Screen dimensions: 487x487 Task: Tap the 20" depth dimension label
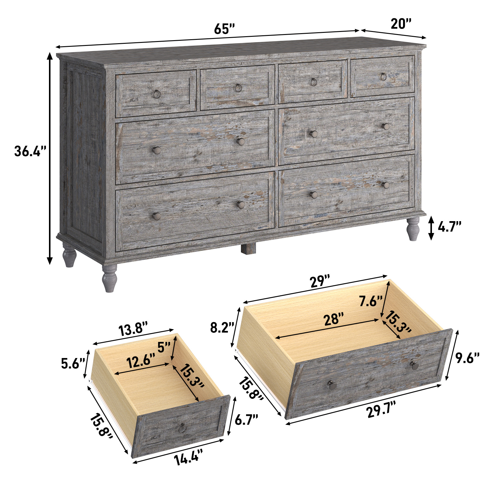pyautogui.click(x=401, y=24)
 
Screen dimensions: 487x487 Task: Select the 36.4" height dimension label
pyautogui.click(x=30, y=151)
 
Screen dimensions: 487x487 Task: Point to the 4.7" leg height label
pyautogui.click(x=449, y=227)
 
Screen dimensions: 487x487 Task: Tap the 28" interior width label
pyautogui.click(x=333, y=319)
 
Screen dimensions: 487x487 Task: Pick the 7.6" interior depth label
pyautogui.click(x=370, y=301)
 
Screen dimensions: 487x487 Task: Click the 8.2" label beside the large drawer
pyautogui.click(x=222, y=328)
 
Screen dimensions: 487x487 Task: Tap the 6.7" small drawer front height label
pyautogui.click(x=246, y=420)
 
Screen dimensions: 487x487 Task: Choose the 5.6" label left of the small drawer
pyautogui.click(x=73, y=364)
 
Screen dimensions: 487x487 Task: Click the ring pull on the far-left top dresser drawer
pyautogui.click(x=157, y=94)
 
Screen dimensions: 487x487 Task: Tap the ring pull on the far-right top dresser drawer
pyautogui.click(x=383, y=77)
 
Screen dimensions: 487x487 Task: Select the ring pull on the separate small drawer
pyautogui.click(x=182, y=428)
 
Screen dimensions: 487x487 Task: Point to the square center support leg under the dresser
pyautogui.click(x=249, y=248)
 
